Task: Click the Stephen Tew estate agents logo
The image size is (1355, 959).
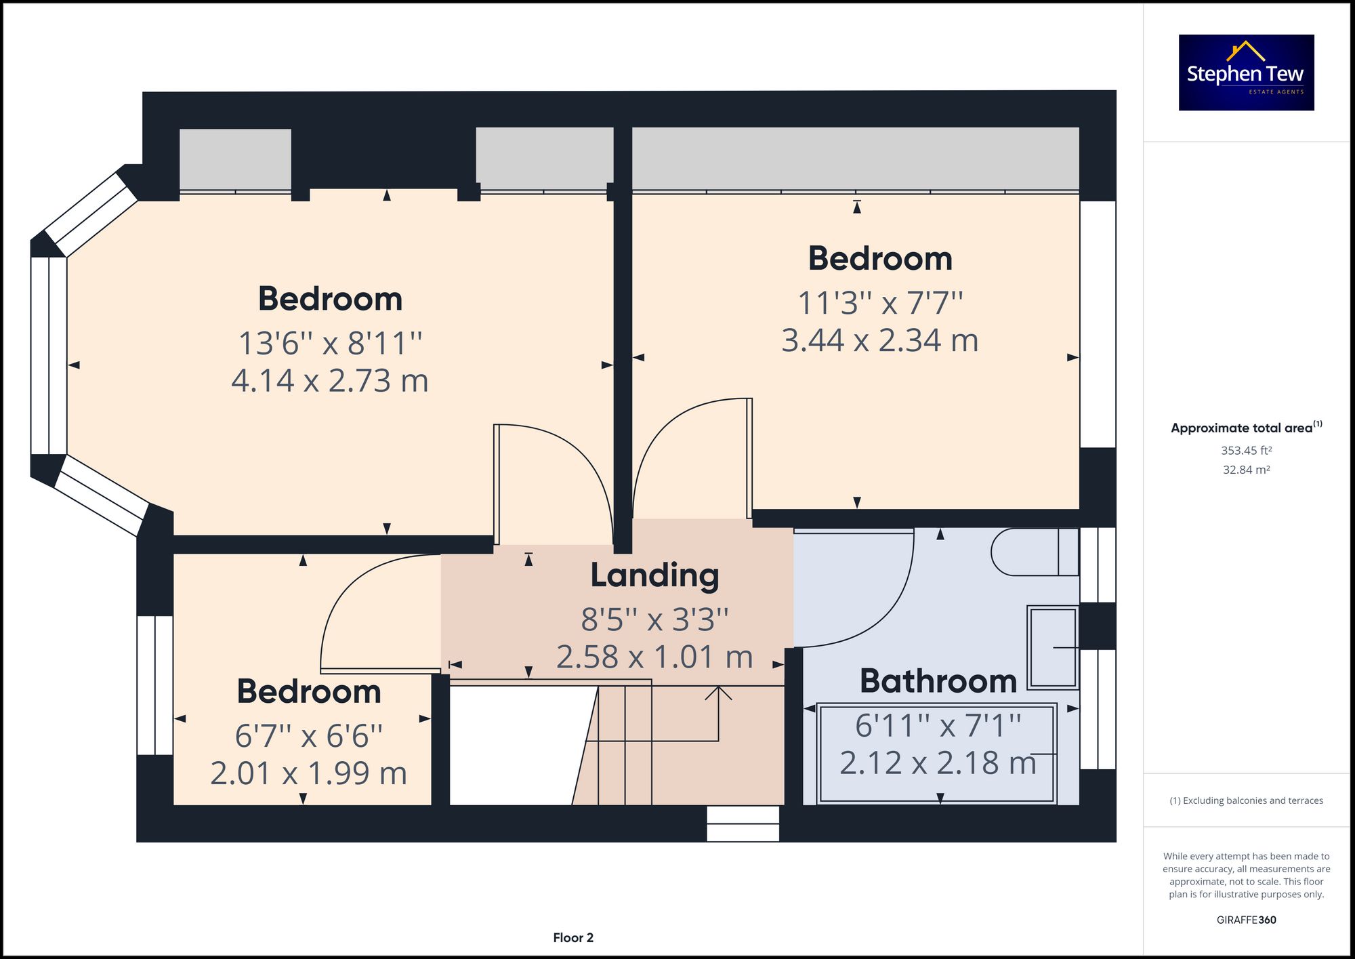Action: pos(1246,73)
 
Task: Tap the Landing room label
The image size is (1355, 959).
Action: pos(654,575)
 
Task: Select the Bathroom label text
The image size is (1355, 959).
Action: pos(938,681)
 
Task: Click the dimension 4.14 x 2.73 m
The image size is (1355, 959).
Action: pos(330,381)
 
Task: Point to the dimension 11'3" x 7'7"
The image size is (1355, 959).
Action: pos(880,303)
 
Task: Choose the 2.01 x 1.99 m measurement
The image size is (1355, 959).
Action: pos(308,773)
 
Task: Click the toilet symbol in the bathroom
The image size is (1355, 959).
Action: pos(1033,552)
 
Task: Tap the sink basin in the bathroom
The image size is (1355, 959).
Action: pos(1052,648)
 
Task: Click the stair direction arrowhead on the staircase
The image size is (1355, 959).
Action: pos(718,693)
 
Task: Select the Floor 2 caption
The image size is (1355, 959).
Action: pos(573,937)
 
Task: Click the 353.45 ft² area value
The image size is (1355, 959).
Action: pos(1246,450)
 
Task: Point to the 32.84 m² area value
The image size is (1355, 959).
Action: pos(1246,470)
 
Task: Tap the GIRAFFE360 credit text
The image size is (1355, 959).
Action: pos(1246,920)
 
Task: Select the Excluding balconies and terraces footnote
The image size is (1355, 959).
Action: pos(1246,800)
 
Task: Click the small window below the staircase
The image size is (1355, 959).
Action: pos(743,823)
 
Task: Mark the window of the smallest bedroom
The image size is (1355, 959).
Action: pos(155,685)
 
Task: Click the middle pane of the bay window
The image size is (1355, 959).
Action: pos(49,356)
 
